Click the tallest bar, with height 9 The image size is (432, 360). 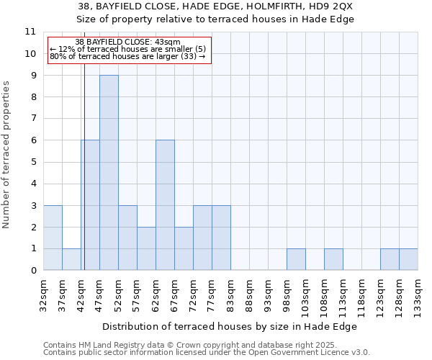click(x=109, y=173)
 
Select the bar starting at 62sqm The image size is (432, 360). click(x=165, y=205)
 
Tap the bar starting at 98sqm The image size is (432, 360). click(x=296, y=259)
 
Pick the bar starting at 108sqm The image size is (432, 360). click(x=333, y=259)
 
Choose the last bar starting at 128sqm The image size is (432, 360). click(x=408, y=259)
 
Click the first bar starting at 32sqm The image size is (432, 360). click(x=53, y=238)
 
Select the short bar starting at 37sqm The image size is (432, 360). click(x=71, y=259)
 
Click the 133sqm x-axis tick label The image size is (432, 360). click(x=418, y=298)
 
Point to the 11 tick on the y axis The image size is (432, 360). click(x=30, y=32)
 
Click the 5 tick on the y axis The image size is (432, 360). click(x=33, y=162)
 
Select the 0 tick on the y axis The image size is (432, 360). click(x=33, y=271)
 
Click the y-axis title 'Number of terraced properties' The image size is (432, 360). click(x=7, y=155)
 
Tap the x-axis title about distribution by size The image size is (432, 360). click(x=230, y=326)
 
